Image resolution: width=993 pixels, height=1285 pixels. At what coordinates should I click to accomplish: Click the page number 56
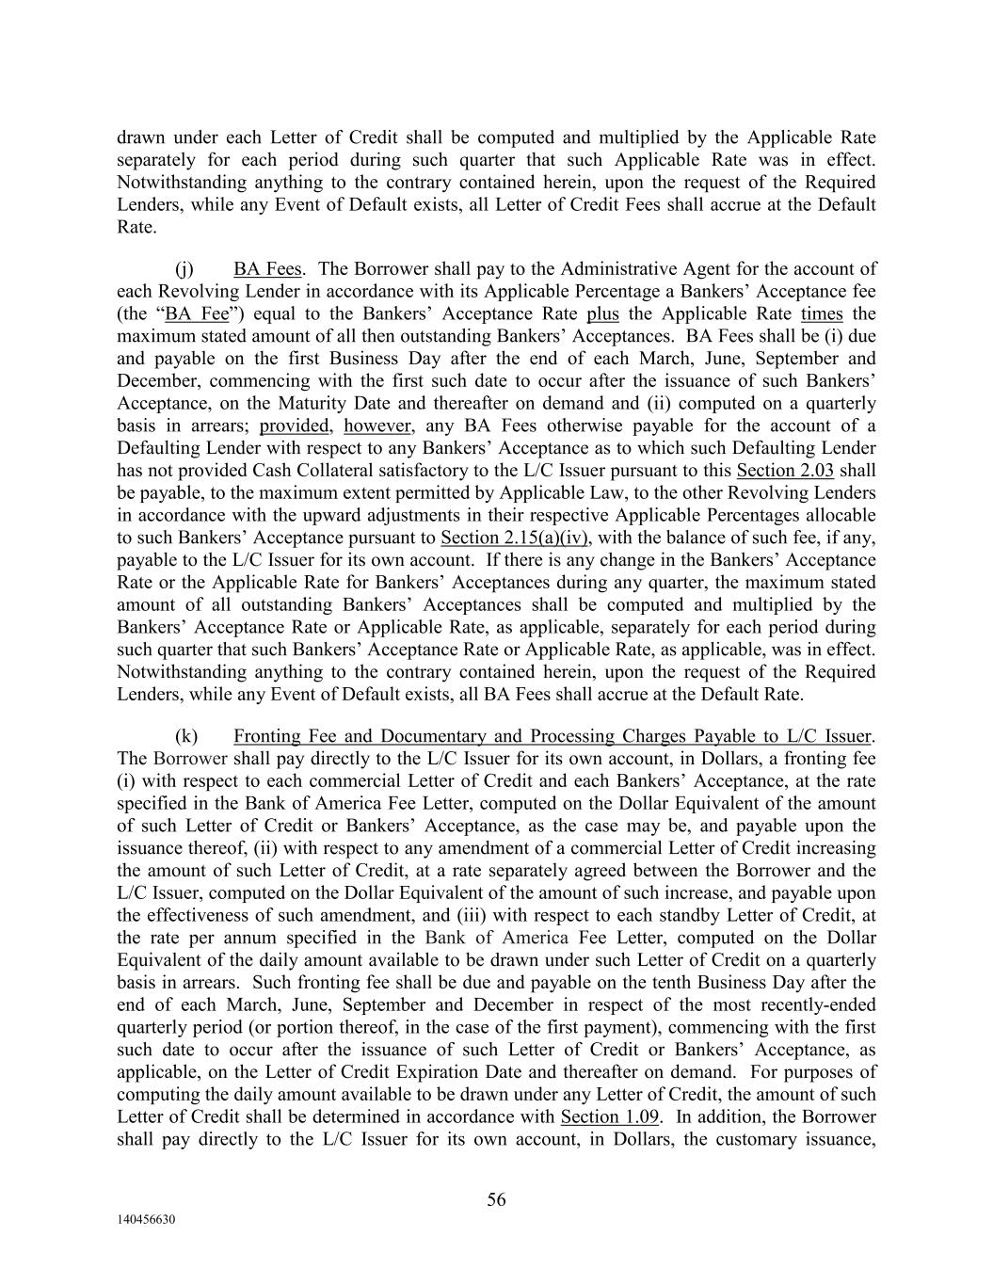[x=496, y=1198]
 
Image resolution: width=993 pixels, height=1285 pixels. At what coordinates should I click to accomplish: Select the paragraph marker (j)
[x=185, y=269]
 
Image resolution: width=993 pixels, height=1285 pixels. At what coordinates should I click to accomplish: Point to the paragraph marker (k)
[x=186, y=736]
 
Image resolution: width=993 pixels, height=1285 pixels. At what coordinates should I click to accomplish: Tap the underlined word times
[x=822, y=314]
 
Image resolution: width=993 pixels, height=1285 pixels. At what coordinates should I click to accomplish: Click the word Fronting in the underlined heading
[x=267, y=736]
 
